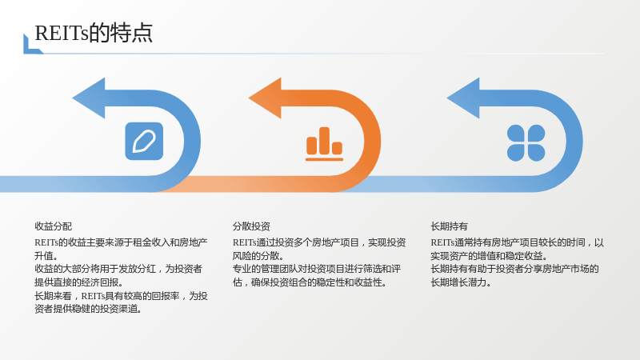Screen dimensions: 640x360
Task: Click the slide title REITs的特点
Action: pos(94,33)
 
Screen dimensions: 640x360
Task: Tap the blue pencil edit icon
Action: pos(144,142)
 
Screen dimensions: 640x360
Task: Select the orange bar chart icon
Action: pos(325,144)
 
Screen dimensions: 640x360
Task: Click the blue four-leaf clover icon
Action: pos(526,143)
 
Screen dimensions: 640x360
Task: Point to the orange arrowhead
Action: pos(266,98)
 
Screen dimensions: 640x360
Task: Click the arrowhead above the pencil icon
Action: pos(89,98)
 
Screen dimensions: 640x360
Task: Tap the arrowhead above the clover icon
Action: pos(463,98)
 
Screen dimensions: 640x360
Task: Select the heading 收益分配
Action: pos(53,226)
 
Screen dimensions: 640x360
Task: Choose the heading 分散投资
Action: pos(251,226)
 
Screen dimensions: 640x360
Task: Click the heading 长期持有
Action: pos(449,226)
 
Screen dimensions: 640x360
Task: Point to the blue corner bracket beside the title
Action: pos(32,44)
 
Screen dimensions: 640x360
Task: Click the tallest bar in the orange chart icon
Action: pos(325,141)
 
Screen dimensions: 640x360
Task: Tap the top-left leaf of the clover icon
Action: pos(515,133)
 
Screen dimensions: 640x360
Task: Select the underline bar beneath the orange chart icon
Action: pos(325,159)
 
